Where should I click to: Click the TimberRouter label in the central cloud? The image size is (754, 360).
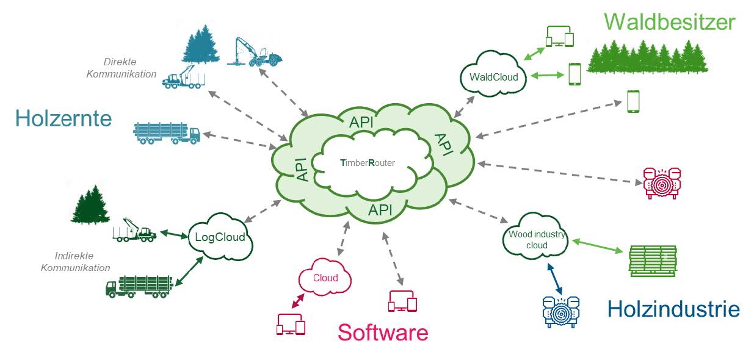368,163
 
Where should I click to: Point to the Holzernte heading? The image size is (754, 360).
63,118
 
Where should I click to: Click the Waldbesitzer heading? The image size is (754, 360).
670,22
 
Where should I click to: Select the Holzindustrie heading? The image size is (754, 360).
673,309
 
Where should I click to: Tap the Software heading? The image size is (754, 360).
383,333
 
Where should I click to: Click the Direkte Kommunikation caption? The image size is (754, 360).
121,68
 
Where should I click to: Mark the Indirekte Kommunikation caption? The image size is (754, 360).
76,261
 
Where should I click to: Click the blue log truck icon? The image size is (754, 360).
167,133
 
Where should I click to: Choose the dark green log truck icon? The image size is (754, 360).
139,287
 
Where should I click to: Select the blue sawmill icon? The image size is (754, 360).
561,312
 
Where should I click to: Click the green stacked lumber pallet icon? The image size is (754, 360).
653,261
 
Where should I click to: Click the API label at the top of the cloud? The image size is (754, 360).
361,122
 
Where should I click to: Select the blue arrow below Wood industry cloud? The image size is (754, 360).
555,279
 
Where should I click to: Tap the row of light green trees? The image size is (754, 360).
647,57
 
